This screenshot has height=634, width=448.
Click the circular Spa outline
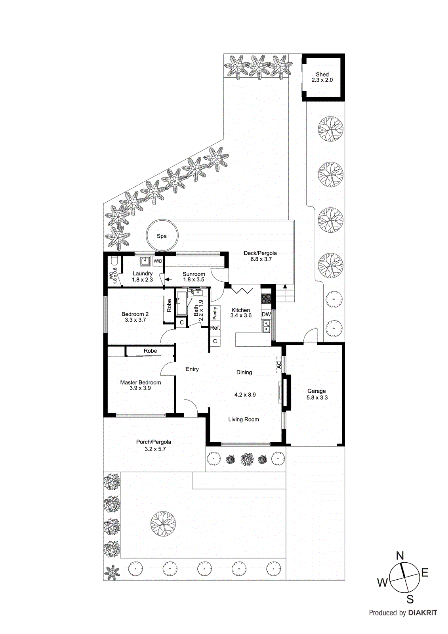(162, 236)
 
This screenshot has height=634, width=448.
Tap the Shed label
(322, 74)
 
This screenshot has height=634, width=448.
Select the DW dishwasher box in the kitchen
(266, 315)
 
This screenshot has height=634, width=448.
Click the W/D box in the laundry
(158, 261)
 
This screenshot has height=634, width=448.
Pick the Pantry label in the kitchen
(215, 313)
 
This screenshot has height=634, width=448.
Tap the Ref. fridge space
(215, 328)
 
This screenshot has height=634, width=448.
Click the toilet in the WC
(114, 262)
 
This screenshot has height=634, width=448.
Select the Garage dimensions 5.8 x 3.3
(317, 397)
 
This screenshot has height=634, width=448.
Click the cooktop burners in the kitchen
(266, 299)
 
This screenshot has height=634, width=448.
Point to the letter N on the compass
(400, 556)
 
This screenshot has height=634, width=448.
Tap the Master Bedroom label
(141, 382)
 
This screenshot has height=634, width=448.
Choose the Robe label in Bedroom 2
(169, 306)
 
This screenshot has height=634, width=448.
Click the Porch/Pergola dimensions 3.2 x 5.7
(155, 449)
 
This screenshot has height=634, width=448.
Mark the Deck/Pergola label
(260, 253)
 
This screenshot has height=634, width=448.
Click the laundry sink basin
(145, 261)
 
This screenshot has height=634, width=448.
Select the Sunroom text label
(194, 274)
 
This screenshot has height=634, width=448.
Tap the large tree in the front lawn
(163, 523)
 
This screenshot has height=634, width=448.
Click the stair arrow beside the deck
(285, 287)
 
